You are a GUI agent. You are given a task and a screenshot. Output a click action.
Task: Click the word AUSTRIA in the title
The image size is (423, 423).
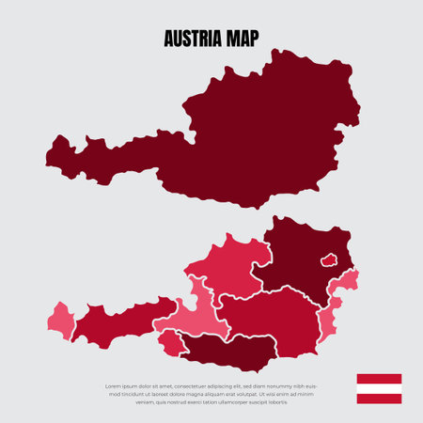click(x=191, y=39)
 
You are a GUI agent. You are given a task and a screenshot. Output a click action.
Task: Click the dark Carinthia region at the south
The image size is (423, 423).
click(x=230, y=351)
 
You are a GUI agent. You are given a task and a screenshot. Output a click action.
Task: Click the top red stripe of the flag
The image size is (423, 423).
click(x=379, y=378)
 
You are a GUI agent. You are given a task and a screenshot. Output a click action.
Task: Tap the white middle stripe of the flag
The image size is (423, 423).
click(x=379, y=388)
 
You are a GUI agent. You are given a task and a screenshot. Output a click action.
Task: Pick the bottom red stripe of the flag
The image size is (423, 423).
click(x=379, y=399)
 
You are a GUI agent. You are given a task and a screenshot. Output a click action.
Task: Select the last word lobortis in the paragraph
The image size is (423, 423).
click(x=274, y=401)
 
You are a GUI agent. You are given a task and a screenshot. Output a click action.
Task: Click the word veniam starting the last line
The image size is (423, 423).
click(x=145, y=401)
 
